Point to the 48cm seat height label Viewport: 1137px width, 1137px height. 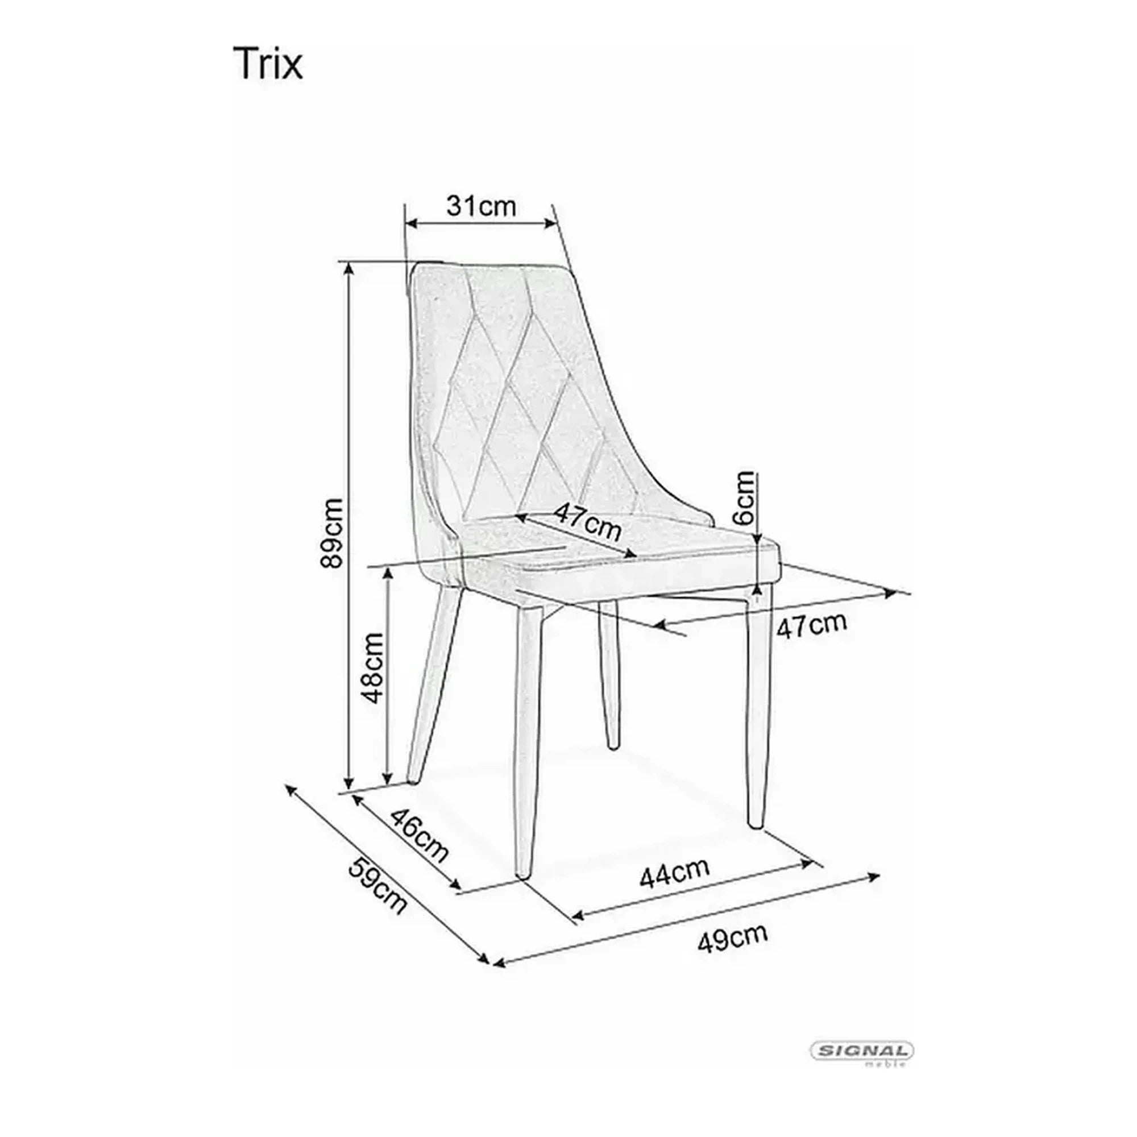[373, 668]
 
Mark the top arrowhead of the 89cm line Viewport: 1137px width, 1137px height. [349, 269]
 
